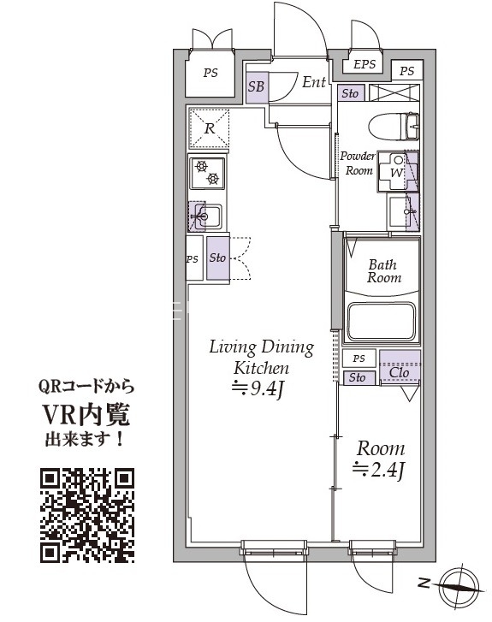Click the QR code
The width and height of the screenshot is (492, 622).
point(87,515)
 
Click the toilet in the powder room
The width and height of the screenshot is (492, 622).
point(394,126)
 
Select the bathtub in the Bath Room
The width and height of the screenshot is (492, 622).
point(382,322)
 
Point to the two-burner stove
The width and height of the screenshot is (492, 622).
point(207,174)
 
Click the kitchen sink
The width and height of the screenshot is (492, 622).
point(205,216)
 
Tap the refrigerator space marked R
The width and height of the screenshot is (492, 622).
point(209,127)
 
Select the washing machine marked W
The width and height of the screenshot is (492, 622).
point(397,172)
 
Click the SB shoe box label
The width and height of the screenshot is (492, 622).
point(257,86)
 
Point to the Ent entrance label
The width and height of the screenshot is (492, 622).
point(314,82)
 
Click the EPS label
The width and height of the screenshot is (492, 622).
point(365,64)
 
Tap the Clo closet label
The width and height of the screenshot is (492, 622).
point(399,372)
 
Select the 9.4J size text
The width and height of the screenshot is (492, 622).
point(258,388)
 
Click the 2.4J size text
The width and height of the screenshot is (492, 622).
point(378,470)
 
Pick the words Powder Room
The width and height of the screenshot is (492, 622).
point(358,163)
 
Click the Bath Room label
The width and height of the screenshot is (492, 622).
point(383,271)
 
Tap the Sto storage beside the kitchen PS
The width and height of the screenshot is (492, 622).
point(217,258)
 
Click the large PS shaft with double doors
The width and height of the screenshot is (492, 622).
point(210,73)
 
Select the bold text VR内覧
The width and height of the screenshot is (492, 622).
point(86,415)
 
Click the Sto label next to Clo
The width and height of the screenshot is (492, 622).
point(357,377)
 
